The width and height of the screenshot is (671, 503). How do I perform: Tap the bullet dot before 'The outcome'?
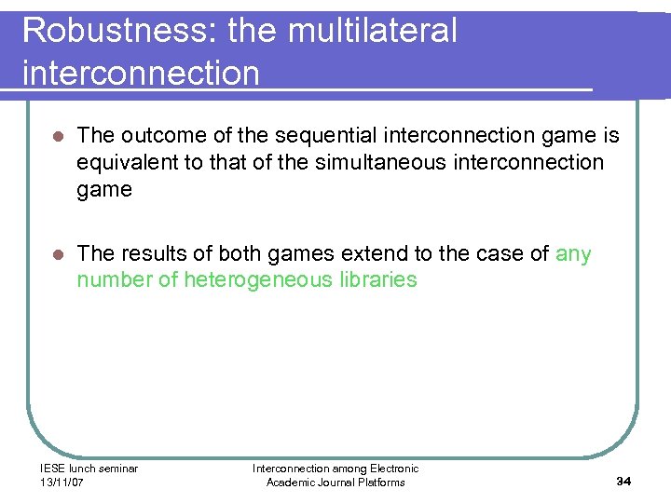point(57,136)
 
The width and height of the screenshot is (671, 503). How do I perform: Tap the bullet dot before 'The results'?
point(57,254)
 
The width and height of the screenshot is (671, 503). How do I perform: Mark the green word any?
point(573,254)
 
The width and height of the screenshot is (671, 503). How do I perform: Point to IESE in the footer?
point(52,469)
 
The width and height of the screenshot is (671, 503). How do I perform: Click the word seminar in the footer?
point(117,469)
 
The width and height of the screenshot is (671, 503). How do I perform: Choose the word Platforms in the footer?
point(381,482)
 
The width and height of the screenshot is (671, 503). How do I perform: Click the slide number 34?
point(623,481)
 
